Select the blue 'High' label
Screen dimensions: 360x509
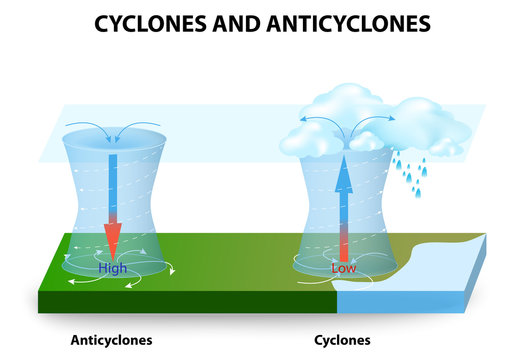click(112, 268)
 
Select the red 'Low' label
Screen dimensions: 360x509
click(344, 269)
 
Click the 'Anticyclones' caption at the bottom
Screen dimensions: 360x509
click(111, 339)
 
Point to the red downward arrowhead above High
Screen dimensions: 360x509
click(113, 240)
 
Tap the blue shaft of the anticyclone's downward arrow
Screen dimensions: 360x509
click(113, 185)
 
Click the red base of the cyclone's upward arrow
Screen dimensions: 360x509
click(343, 244)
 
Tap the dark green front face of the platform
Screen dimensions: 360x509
click(180, 299)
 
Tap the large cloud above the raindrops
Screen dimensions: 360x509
click(430, 125)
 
